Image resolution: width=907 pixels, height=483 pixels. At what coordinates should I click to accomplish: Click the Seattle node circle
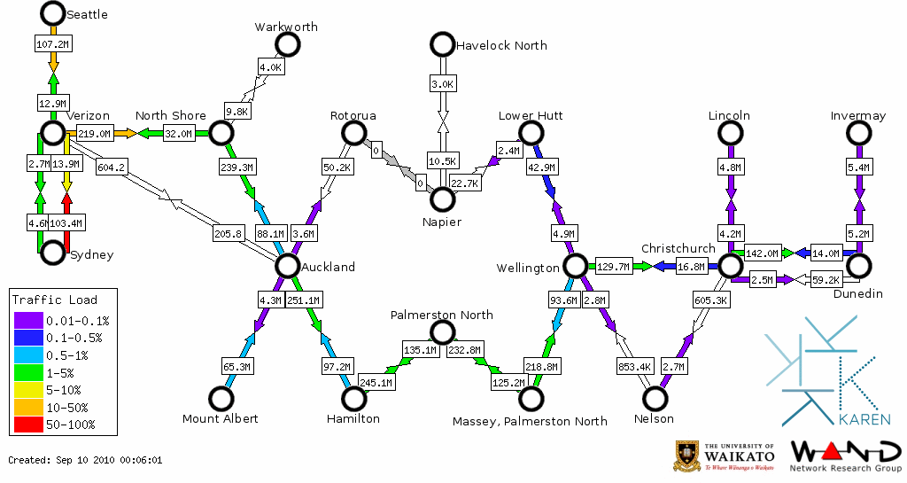click(x=53, y=13)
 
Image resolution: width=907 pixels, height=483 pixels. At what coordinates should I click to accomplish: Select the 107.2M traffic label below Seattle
click(x=52, y=43)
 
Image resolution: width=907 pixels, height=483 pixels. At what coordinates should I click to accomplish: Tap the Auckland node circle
click(x=287, y=266)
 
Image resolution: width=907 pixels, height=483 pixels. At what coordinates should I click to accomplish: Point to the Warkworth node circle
click(x=287, y=44)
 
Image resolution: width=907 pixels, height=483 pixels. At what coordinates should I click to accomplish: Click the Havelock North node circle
click(x=442, y=44)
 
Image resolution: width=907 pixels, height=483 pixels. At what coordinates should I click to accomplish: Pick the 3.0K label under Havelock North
click(x=442, y=83)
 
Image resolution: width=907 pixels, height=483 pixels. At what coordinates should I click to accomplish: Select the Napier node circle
click(x=442, y=199)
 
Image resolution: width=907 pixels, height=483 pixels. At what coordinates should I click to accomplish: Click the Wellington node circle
click(x=575, y=266)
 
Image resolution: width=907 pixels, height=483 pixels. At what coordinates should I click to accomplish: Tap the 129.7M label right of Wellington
click(x=613, y=266)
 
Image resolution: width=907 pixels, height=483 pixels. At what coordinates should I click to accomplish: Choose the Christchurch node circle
click(x=730, y=266)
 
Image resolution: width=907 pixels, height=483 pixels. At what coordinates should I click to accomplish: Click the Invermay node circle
click(x=858, y=133)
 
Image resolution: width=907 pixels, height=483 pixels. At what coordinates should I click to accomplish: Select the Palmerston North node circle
click(x=442, y=332)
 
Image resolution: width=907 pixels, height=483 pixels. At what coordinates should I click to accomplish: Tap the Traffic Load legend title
click(x=55, y=300)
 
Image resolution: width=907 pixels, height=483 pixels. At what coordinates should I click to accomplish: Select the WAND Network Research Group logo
click(x=846, y=454)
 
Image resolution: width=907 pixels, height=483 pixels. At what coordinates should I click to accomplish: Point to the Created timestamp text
click(x=85, y=460)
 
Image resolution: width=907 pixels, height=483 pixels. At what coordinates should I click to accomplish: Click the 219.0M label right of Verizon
click(x=94, y=134)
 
